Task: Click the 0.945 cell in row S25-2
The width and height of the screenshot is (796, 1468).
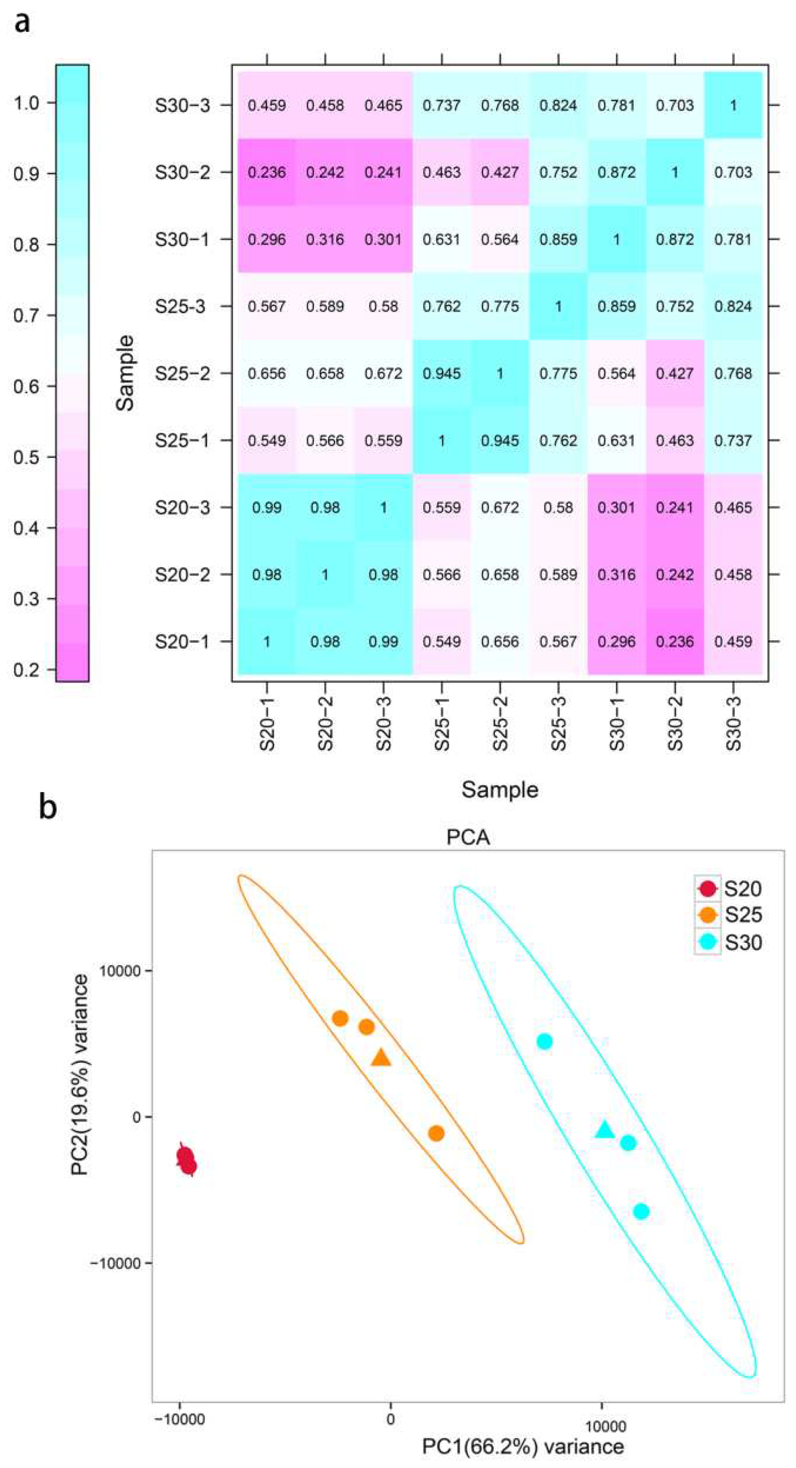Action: coord(442,373)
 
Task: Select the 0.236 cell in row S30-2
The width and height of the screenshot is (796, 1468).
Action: coord(267,172)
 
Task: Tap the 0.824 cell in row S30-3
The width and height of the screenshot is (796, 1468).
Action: coord(559,105)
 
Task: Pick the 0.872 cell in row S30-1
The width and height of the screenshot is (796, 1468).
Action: coord(675,239)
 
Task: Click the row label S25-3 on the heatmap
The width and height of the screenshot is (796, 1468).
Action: coord(181,307)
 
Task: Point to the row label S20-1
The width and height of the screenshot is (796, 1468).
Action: coord(182,642)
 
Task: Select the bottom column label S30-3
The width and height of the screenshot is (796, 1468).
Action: coord(734,723)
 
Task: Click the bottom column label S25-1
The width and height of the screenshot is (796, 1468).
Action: coord(442,723)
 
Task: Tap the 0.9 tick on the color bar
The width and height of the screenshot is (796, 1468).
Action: coord(28,174)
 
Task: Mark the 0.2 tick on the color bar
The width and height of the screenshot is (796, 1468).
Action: coord(28,670)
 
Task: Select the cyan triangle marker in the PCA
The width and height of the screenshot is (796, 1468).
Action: coord(604,1129)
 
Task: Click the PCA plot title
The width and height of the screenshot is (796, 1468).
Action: coord(468,838)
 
